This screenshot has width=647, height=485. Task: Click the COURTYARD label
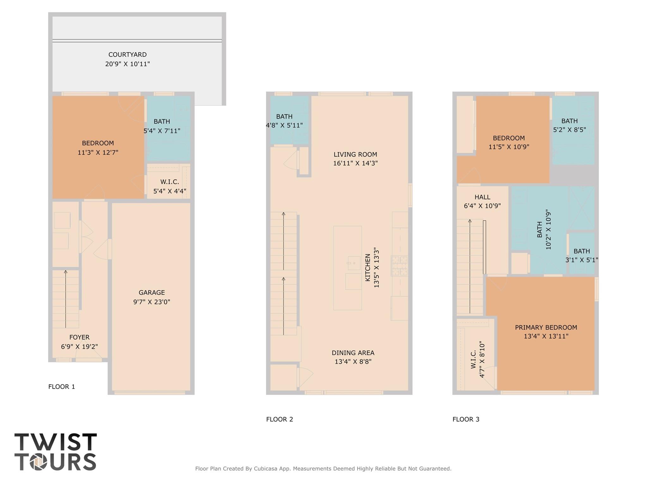point(127,55)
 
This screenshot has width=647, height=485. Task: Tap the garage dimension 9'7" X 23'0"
point(151,302)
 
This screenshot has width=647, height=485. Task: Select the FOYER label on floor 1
point(79,337)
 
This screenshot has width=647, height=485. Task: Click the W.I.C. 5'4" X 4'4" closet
point(169,186)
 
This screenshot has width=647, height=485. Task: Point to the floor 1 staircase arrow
point(66,299)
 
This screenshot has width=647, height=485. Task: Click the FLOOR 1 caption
point(62,386)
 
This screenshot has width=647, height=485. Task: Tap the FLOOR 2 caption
point(279,419)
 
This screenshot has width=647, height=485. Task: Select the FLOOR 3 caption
point(466,419)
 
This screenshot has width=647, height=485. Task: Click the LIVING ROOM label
point(355,155)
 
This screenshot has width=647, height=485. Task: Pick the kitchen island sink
point(354,263)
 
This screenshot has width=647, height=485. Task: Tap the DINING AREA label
point(353,353)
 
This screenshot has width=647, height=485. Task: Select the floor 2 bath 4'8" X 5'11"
point(284,121)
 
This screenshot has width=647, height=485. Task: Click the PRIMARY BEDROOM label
point(546,327)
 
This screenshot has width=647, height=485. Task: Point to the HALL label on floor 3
point(482,197)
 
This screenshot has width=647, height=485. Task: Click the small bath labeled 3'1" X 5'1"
point(582,255)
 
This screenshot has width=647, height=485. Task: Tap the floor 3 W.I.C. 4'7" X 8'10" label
point(477,359)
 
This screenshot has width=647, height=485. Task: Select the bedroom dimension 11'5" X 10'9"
point(509,147)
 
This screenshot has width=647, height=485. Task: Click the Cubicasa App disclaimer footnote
point(323,469)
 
